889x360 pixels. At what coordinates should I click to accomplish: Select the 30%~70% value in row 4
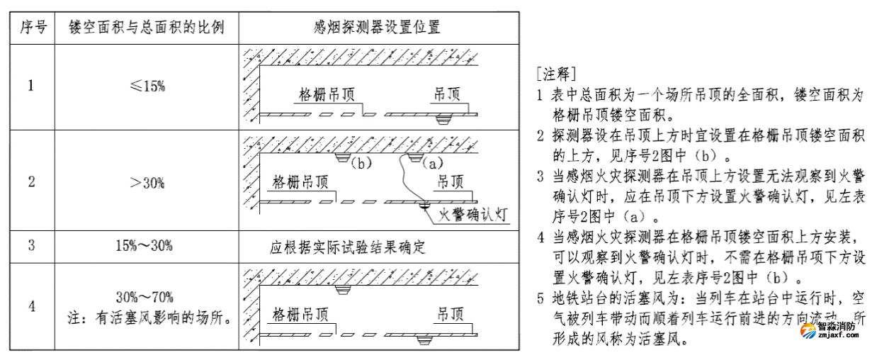[x=145, y=296]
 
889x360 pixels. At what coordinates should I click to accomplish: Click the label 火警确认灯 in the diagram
[x=474, y=213]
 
